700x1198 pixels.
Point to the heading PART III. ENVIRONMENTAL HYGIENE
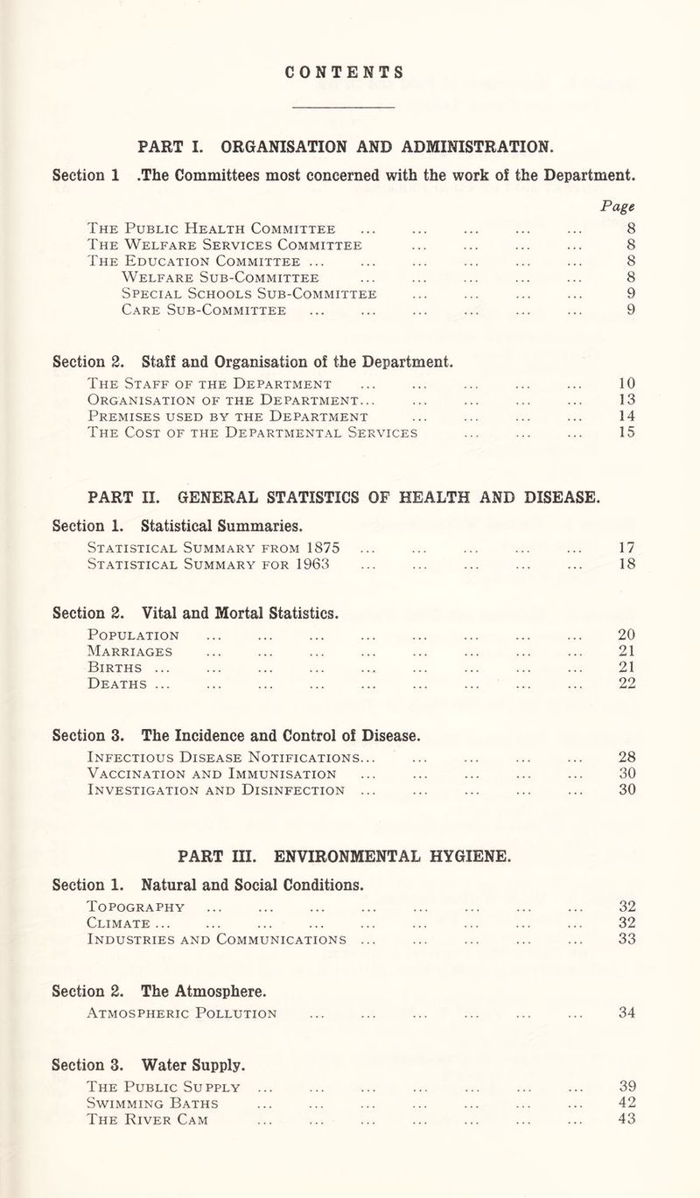349,852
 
